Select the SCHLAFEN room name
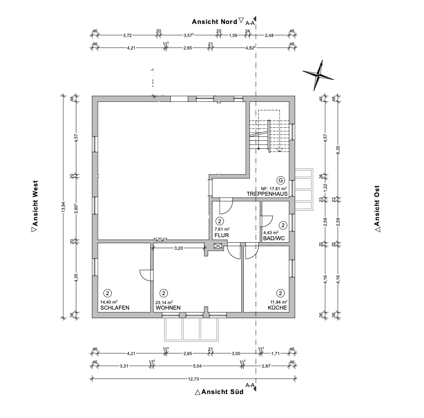tap(115, 308)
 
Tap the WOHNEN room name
tap(168, 308)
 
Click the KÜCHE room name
tap(277, 308)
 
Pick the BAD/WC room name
tap(274, 239)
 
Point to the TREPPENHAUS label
tap(267, 193)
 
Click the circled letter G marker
tap(280, 180)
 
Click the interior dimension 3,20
tap(179, 247)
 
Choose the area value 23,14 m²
tap(164, 303)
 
